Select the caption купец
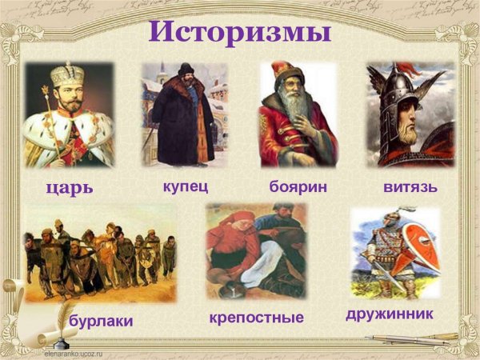(x=185, y=186)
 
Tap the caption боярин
(x=298, y=186)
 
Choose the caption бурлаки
(x=101, y=321)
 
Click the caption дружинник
(x=390, y=314)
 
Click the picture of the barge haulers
(x=100, y=256)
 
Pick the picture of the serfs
(x=255, y=251)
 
